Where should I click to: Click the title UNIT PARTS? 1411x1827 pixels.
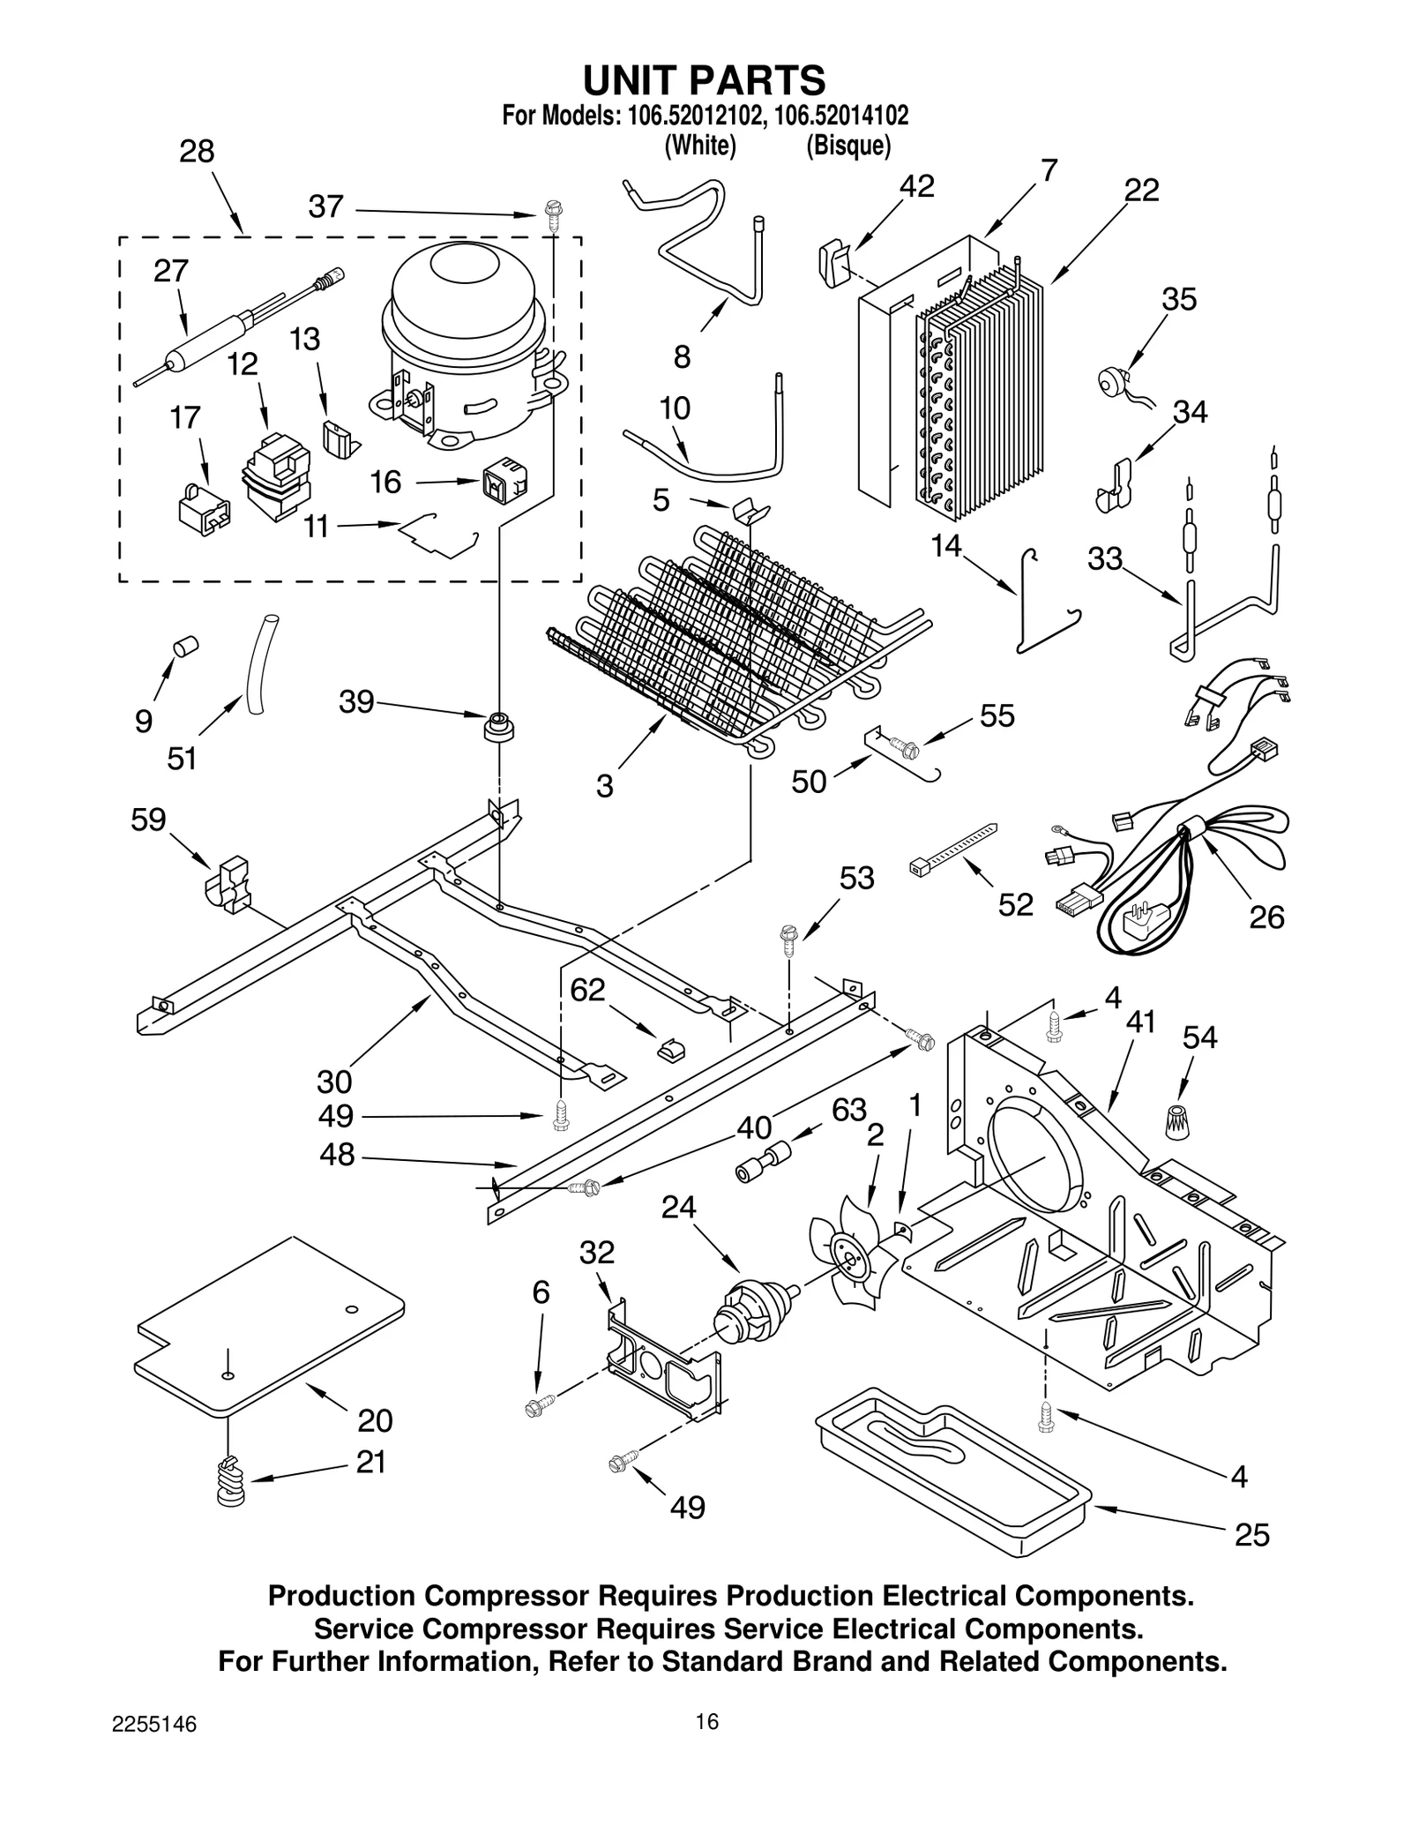click(x=704, y=79)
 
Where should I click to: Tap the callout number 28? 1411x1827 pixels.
click(x=197, y=152)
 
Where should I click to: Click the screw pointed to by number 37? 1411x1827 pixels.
click(x=553, y=214)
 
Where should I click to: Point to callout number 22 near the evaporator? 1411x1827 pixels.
click(x=1141, y=191)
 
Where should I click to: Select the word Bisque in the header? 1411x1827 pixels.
click(x=847, y=146)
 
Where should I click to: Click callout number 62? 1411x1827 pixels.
click(x=587, y=990)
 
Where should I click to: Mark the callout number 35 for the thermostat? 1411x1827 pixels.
click(x=1178, y=300)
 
